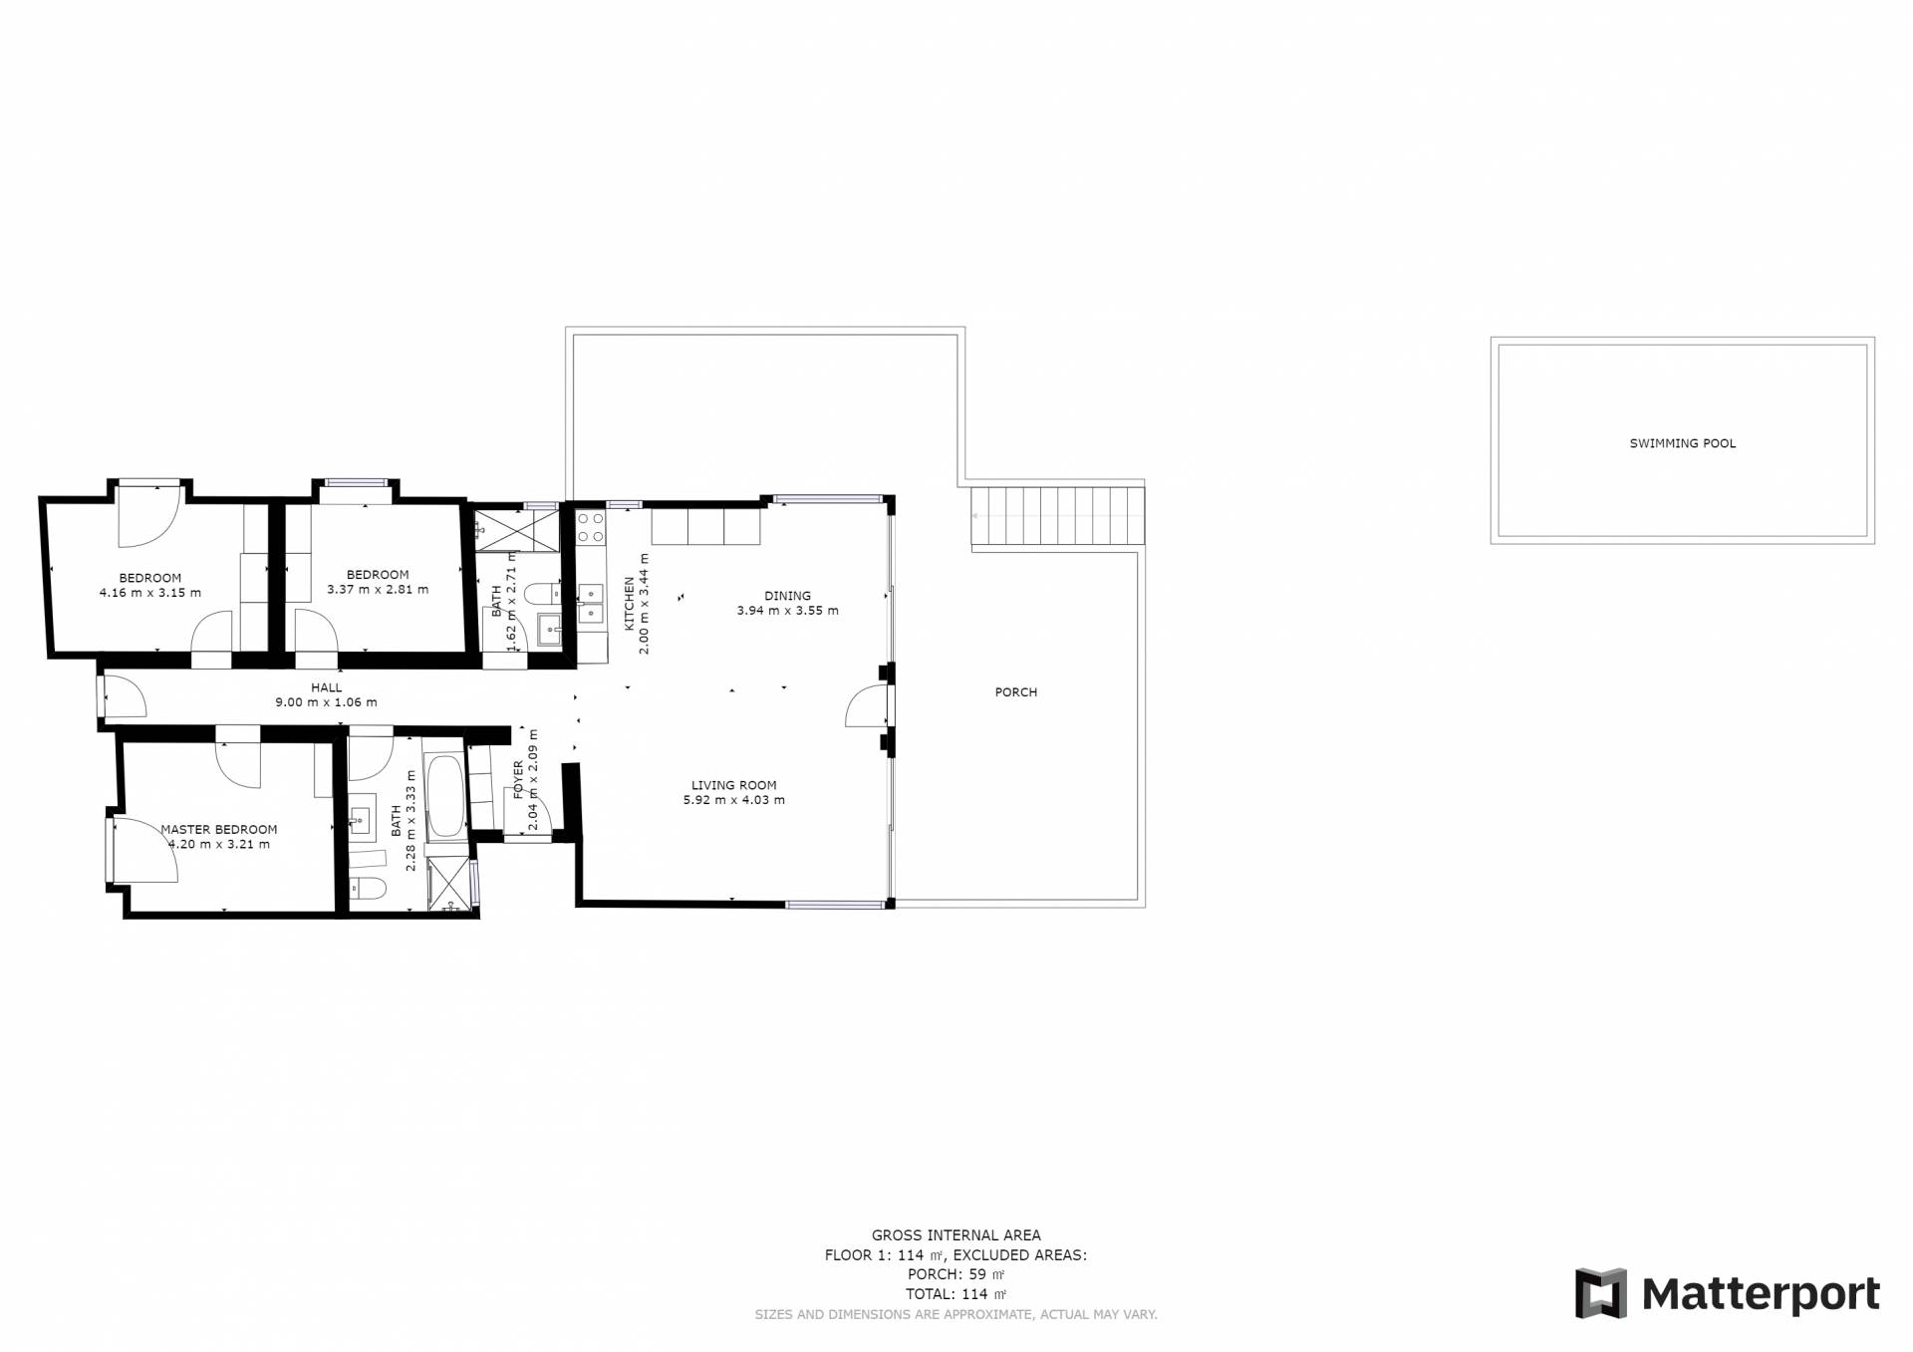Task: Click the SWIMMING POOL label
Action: pyautogui.click(x=1682, y=443)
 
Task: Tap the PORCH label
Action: pyautogui.click(x=1016, y=692)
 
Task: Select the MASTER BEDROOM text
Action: pyautogui.click(x=219, y=829)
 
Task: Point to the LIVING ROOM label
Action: pyautogui.click(x=734, y=785)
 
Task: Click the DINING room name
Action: pyautogui.click(x=788, y=596)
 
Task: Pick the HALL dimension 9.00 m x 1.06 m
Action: pyautogui.click(x=326, y=702)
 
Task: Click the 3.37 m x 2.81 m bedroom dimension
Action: pyautogui.click(x=378, y=589)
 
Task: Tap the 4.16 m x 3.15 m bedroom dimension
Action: pyautogui.click(x=150, y=593)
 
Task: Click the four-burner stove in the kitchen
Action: pyautogui.click(x=590, y=527)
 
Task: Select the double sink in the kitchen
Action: pyautogui.click(x=591, y=605)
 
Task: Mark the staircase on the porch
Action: pyautogui.click(x=1058, y=516)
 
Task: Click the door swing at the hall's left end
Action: pyautogui.click(x=124, y=696)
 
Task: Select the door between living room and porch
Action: pyautogui.click(x=867, y=706)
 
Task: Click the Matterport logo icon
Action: pyautogui.click(x=1601, y=1293)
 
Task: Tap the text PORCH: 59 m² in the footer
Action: pyautogui.click(x=956, y=1274)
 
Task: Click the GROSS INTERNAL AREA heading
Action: pyautogui.click(x=956, y=1235)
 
